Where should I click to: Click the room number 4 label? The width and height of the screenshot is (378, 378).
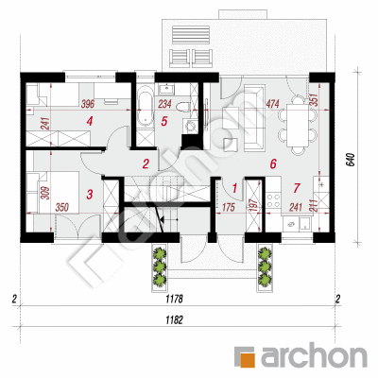click(90, 121)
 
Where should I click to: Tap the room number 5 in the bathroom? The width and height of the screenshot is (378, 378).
click(163, 122)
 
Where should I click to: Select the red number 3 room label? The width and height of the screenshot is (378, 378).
click(90, 194)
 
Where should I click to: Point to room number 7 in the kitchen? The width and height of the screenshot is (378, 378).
click(297, 188)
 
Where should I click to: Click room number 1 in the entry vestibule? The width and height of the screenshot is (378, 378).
click(234, 188)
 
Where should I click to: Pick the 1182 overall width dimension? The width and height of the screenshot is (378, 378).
click(174, 320)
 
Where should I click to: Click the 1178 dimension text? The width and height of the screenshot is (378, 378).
click(174, 299)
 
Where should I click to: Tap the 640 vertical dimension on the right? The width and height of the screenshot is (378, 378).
click(352, 160)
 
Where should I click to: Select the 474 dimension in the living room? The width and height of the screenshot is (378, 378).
click(273, 103)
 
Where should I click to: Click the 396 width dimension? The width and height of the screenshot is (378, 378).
click(88, 104)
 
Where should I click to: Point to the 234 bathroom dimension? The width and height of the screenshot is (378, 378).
click(164, 104)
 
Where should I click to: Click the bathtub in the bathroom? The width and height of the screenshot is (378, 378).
click(146, 108)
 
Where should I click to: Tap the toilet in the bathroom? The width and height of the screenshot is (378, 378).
click(183, 108)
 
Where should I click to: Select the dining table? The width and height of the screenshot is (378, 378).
click(298, 125)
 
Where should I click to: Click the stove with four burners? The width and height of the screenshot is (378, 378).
click(273, 200)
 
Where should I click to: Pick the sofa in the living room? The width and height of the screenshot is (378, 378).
click(254, 117)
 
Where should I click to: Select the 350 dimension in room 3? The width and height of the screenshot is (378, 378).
click(62, 208)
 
